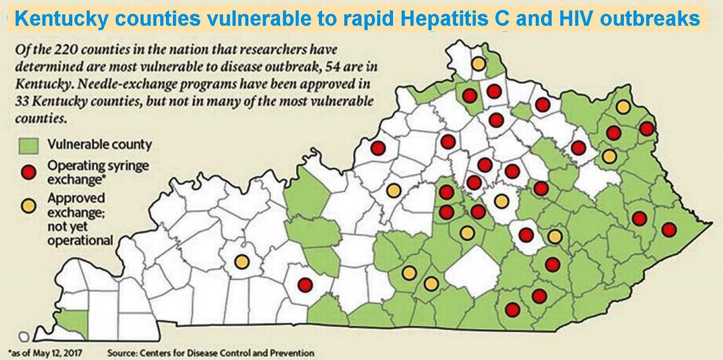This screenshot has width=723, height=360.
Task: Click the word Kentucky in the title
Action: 61,18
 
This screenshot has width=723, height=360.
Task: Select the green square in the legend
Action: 29,146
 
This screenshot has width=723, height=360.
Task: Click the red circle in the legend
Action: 29,172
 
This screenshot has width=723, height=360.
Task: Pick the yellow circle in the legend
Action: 29,206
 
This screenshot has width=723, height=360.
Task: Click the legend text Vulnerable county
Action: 99,145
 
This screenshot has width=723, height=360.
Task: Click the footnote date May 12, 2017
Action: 58,353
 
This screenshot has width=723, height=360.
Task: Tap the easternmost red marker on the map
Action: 669,230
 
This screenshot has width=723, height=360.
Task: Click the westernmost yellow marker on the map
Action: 241,261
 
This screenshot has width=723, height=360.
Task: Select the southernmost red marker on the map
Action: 512,310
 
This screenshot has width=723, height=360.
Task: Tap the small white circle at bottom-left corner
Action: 24,337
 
